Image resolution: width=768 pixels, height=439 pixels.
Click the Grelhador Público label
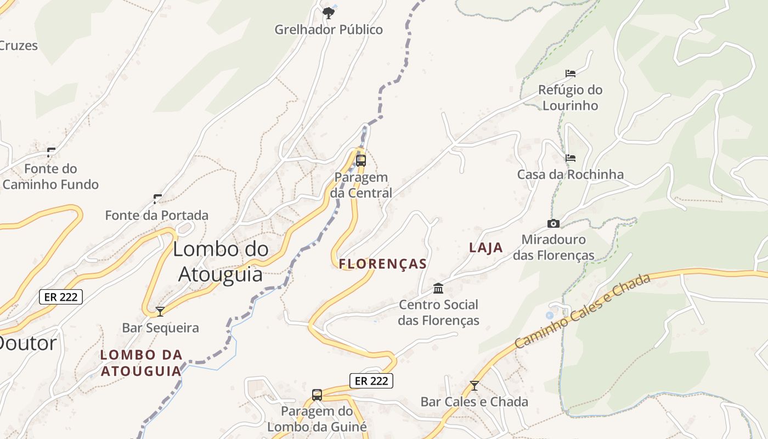(329, 30)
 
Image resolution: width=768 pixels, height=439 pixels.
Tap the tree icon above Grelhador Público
(329, 12)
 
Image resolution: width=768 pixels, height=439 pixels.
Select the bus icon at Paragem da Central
(361, 160)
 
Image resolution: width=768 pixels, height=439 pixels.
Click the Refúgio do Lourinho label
(570, 98)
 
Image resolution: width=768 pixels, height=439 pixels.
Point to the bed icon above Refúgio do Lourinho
(571, 73)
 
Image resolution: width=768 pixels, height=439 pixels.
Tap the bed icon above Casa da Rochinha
(571, 158)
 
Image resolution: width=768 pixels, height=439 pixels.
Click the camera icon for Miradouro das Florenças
(554, 223)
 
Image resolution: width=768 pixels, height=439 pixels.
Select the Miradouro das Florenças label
(554, 247)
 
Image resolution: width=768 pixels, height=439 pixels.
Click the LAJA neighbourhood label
(486, 247)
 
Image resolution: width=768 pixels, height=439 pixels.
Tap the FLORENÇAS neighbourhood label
(383, 264)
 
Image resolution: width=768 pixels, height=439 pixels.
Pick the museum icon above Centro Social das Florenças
(438, 288)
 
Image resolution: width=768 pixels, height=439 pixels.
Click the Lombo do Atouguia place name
(221, 261)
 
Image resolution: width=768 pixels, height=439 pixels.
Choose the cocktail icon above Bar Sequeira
(160, 312)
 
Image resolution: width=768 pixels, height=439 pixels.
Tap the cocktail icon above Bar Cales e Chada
(475, 386)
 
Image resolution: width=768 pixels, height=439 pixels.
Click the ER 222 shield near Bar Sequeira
(61, 297)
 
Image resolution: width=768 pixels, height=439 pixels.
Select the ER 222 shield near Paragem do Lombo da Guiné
(371, 381)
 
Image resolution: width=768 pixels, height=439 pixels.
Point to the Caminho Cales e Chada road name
(583, 311)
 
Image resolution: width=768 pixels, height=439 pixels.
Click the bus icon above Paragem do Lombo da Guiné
(317, 395)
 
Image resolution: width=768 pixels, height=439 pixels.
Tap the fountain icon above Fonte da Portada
(157, 199)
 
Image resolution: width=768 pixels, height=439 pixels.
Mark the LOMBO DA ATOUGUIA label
(141, 363)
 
